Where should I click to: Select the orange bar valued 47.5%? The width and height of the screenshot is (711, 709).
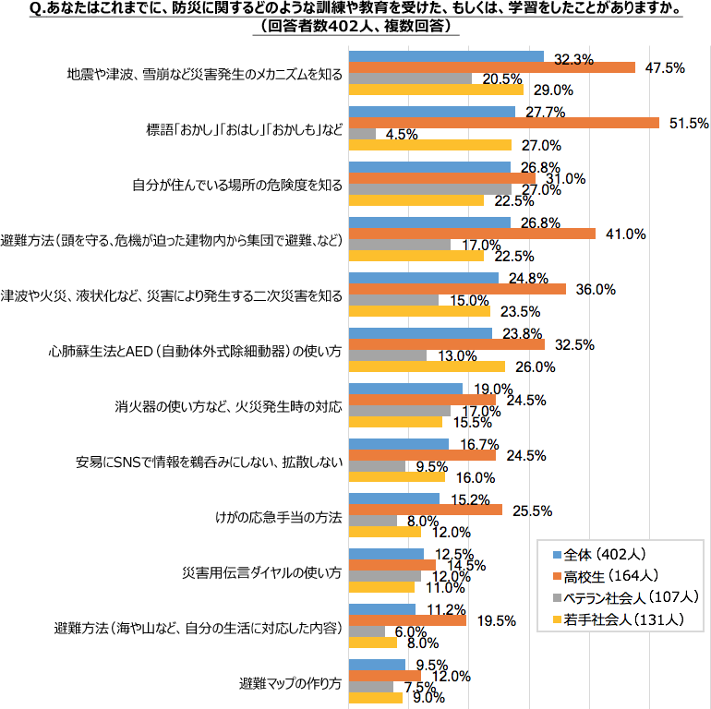491,67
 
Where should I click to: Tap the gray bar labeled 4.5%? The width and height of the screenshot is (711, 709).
361,134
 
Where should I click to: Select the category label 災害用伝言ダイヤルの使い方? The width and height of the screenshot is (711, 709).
264,574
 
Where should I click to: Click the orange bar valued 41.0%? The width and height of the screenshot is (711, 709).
471,234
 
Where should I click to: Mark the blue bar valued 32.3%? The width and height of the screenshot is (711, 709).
445,56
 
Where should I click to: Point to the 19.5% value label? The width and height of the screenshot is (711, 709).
496,621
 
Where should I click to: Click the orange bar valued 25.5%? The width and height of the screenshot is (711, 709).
424,510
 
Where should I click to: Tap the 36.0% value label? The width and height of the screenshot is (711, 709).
595,289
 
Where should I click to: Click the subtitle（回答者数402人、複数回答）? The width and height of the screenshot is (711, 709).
355,26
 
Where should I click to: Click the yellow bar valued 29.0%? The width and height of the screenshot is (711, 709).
435,90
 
